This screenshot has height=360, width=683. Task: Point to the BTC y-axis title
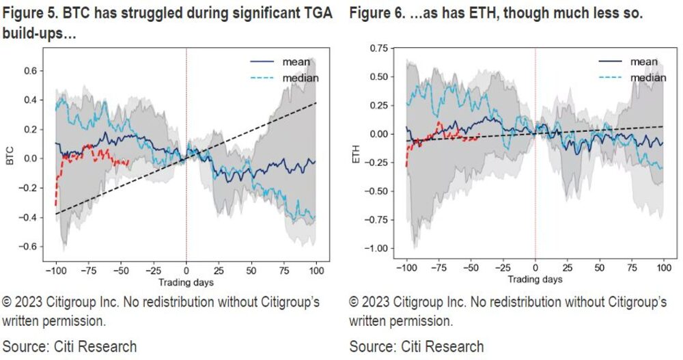(x=10, y=158)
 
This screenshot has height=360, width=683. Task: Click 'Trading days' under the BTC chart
(x=186, y=281)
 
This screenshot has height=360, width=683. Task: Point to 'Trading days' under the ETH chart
(x=534, y=279)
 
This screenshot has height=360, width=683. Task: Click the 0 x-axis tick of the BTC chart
(x=186, y=269)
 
